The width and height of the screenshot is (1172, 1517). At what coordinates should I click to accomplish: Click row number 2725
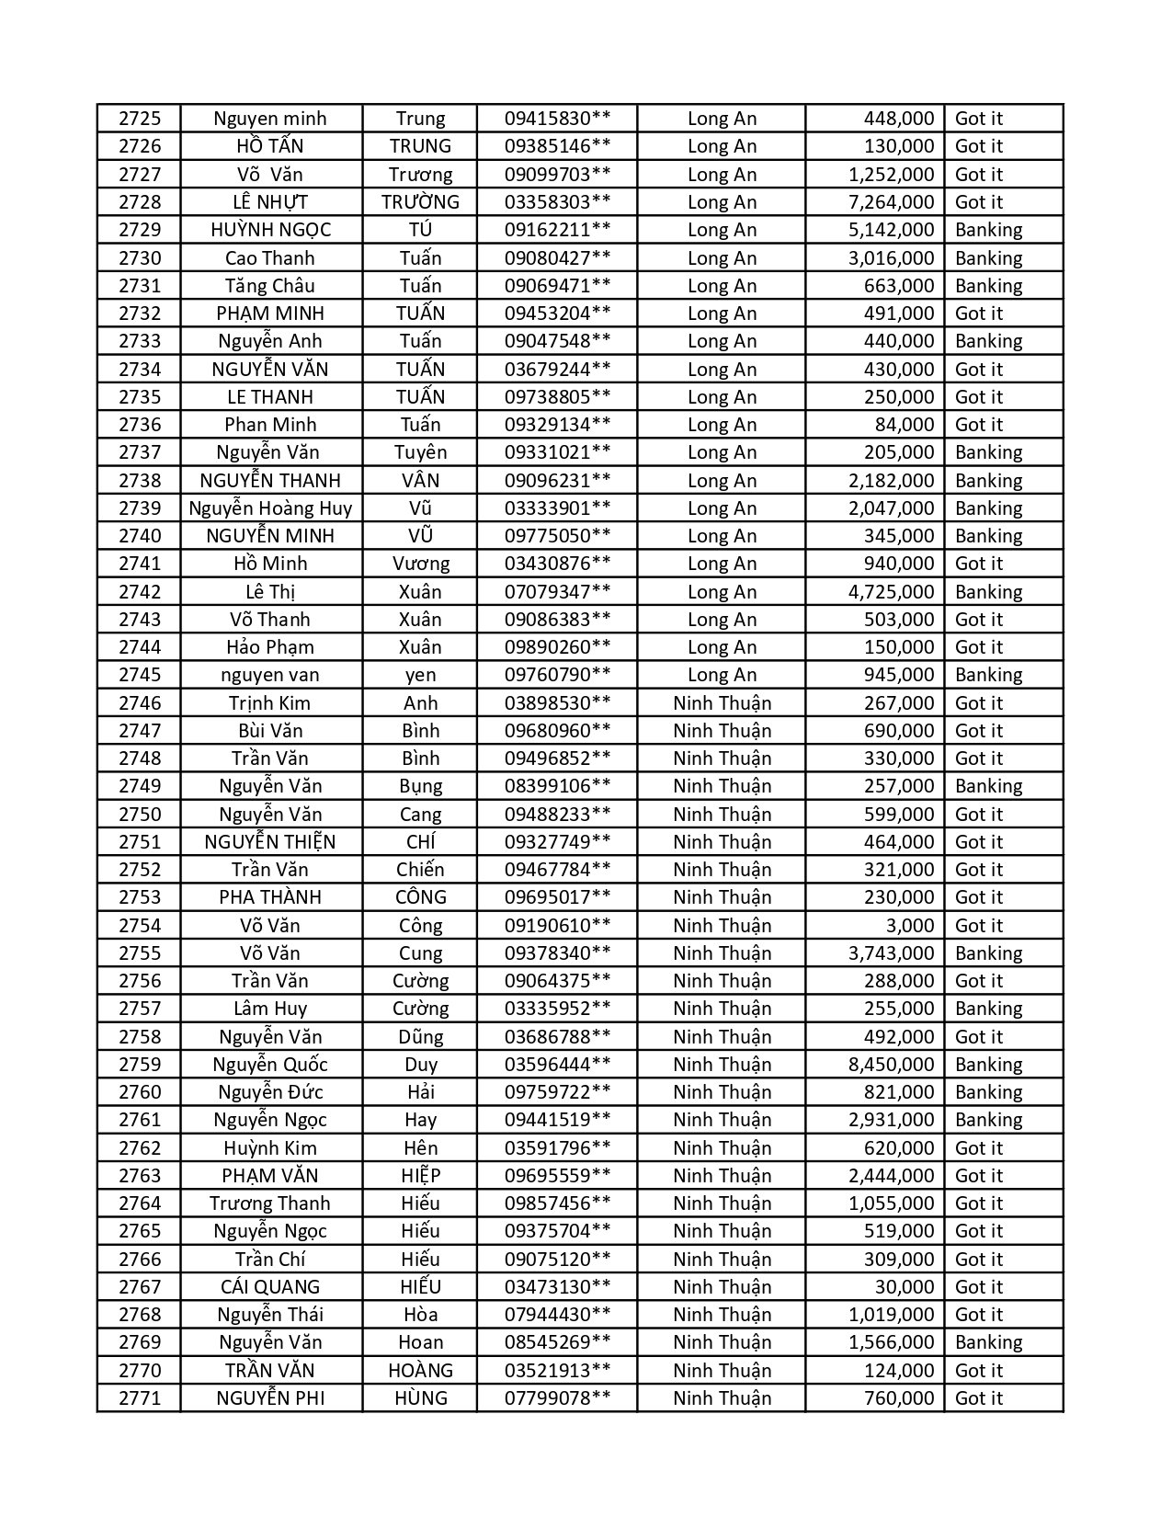tap(139, 119)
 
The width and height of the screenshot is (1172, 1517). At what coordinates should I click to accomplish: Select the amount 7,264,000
tap(891, 202)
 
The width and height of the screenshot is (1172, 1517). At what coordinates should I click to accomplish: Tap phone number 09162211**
tap(557, 230)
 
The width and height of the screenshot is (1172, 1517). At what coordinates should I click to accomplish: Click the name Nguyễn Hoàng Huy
tap(270, 508)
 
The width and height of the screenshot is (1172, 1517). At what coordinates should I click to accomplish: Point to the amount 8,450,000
tap(891, 1065)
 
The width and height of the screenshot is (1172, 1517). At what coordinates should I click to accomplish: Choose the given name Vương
tap(420, 564)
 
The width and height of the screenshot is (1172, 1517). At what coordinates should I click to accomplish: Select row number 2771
tap(139, 1398)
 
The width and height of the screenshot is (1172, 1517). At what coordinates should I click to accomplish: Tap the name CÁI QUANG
tap(270, 1287)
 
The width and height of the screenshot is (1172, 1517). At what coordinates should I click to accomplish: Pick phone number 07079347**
tap(557, 592)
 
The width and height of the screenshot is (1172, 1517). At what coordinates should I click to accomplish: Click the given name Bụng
tap(420, 786)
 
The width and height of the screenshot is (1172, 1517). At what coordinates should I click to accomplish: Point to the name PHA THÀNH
tap(270, 897)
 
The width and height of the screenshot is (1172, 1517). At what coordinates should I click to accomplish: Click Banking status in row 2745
tap(988, 675)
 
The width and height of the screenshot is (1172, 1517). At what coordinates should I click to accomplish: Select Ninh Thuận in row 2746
tap(722, 703)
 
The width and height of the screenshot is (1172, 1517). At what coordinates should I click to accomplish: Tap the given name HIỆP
tap(420, 1176)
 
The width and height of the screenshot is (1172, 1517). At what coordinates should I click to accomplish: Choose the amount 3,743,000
tap(891, 953)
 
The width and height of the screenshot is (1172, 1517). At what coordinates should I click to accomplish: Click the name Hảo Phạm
tap(270, 647)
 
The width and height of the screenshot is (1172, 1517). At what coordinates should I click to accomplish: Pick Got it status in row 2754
tap(978, 926)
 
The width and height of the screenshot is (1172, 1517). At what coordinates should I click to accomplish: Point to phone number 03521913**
tap(557, 1371)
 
